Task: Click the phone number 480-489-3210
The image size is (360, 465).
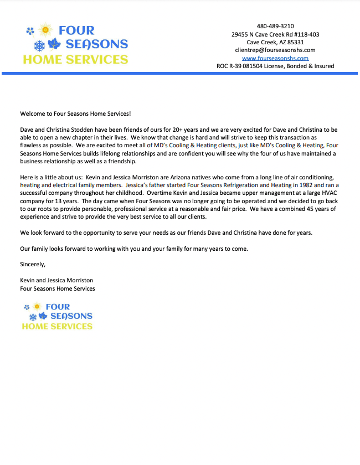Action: (x=275, y=26)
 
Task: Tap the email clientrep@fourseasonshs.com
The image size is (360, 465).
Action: (x=275, y=50)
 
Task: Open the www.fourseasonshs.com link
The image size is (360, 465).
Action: (x=275, y=58)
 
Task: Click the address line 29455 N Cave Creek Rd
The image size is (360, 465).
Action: (x=275, y=34)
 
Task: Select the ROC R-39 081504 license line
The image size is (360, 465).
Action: (x=275, y=66)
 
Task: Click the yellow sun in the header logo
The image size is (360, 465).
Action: (x=45, y=29)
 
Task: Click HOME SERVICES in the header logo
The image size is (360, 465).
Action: (x=75, y=59)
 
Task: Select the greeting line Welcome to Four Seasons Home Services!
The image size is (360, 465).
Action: (x=76, y=113)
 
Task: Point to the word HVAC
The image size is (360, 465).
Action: (x=327, y=193)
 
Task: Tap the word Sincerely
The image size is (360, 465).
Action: (x=33, y=264)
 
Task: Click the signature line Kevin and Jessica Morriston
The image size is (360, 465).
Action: (x=56, y=281)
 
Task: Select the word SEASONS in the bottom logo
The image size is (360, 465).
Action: (x=71, y=316)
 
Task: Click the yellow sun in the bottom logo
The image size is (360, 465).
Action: (x=37, y=306)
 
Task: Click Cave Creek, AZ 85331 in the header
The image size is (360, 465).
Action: (x=275, y=42)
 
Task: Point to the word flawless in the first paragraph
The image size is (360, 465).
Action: (x=32, y=146)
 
